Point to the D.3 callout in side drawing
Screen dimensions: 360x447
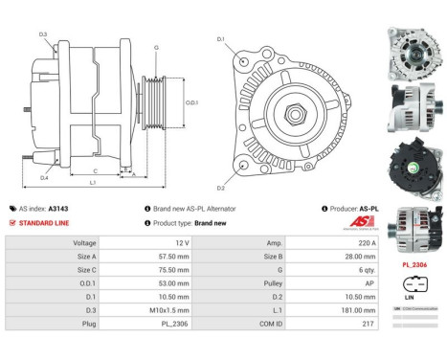pos(43,34)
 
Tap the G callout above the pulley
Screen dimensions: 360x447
pos(156,46)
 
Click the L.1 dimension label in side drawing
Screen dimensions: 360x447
pos(92,182)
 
